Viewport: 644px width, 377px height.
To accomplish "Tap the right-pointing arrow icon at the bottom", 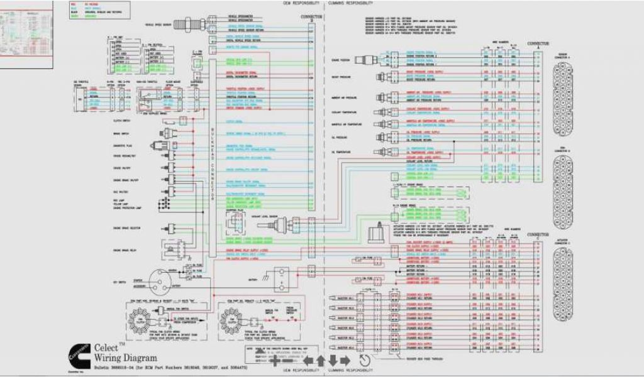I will pos(345,361).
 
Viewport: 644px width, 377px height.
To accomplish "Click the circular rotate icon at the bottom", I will pos(364,361).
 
